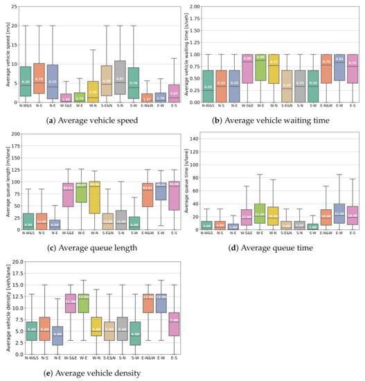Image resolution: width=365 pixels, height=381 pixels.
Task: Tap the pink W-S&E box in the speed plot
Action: coord(66,97)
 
